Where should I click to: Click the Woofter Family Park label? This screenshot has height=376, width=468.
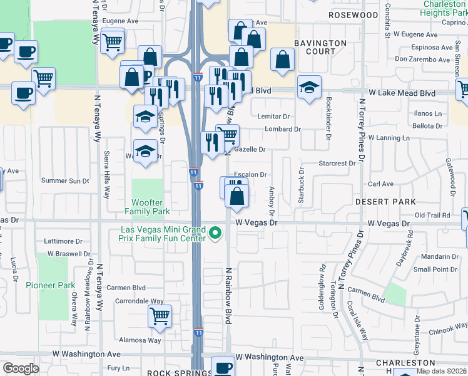pyautogui.click(x=147, y=207)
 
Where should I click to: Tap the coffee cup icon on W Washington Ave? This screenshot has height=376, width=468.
pyautogui.click(x=222, y=367)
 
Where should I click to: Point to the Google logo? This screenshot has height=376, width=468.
pyautogui.click(x=21, y=368)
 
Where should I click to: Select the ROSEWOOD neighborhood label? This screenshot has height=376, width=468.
pyautogui.click(x=354, y=14)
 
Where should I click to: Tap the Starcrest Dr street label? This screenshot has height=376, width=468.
pyautogui.click(x=337, y=163)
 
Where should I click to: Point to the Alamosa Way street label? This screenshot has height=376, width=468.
pyautogui.click(x=140, y=340)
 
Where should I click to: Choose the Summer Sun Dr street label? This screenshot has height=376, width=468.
pyautogui.click(x=65, y=180)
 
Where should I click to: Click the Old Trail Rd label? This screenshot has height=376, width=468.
pyautogui.click(x=432, y=215)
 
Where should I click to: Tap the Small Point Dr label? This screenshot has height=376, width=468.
pyautogui.click(x=435, y=269)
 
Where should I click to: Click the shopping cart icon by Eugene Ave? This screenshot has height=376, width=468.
pyautogui.click(x=112, y=42)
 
